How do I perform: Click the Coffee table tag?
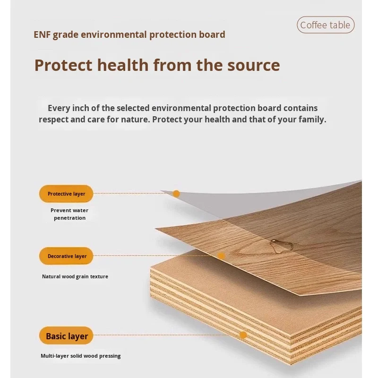[326, 25]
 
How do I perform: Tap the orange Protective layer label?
[66, 194]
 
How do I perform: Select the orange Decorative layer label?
[66, 256]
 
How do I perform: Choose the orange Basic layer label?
[66, 335]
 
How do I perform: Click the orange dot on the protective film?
[176, 193]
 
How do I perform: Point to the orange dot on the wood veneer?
[221, 256]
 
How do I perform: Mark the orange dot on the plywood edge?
[243, 335]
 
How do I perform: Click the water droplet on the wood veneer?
[281, 246]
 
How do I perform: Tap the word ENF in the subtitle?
[42, 34]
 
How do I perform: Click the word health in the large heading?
[123, 65]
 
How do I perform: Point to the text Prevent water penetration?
[69, 214]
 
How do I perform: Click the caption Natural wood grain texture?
[75, 276]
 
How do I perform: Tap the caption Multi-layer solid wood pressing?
[80, 356]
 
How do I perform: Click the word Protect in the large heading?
[63, 65]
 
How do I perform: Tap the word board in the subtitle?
[212, 34]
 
